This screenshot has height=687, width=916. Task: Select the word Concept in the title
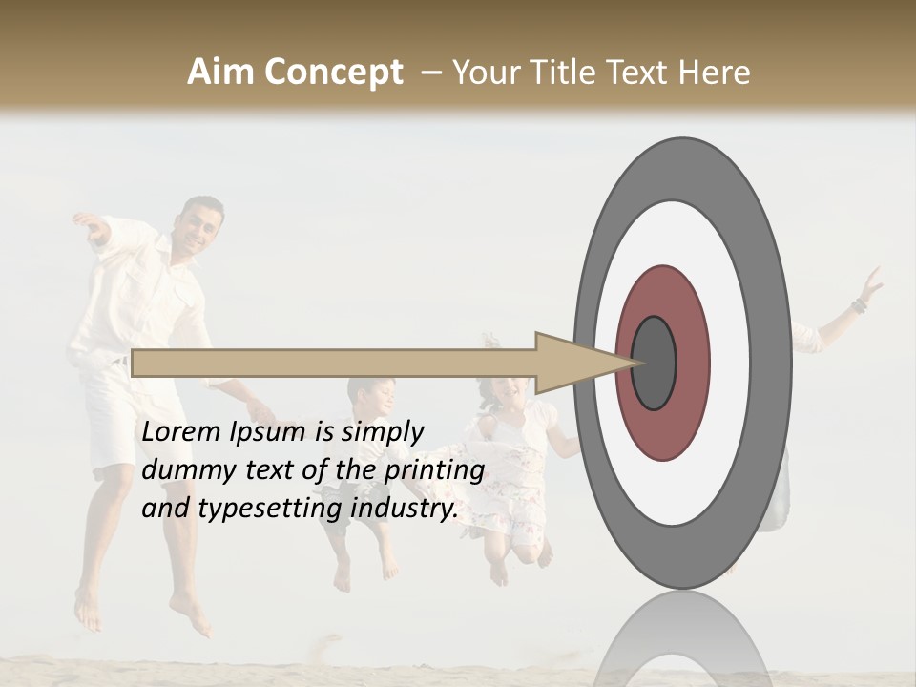click(333, 73)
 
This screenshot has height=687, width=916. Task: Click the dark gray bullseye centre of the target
click(654, 363)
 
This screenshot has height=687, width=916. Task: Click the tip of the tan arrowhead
click(636, 362)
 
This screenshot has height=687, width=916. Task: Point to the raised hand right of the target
click(869, 284)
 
